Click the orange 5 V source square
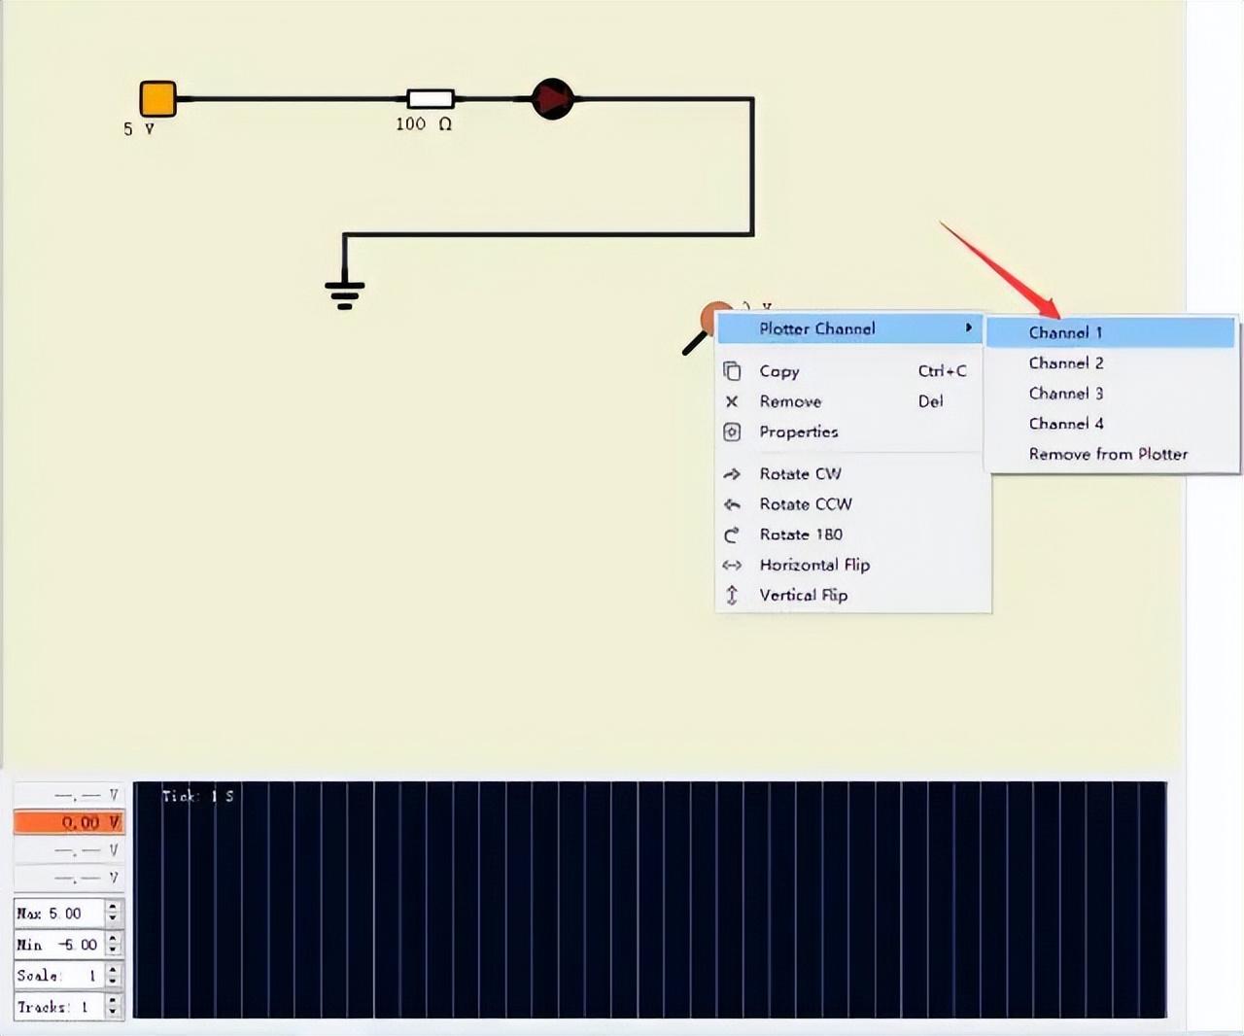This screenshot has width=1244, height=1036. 157,99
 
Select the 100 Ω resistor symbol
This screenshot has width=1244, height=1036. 430,98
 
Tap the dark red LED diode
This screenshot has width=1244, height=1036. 553,99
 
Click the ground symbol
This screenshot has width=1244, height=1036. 345,291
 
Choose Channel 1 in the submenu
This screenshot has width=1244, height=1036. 1065,332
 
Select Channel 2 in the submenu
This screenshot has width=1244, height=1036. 1066,363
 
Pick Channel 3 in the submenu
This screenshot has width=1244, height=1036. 1066,394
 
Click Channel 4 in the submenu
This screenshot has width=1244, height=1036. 1066,424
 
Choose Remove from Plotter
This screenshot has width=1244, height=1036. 1108,454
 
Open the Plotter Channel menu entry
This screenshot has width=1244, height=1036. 817,328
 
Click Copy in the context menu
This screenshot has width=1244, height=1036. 779,371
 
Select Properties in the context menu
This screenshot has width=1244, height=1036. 798,432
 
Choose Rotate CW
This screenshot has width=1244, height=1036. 800,474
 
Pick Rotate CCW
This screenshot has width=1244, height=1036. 805,504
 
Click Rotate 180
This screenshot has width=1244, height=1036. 801,535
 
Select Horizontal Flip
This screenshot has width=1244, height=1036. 814,565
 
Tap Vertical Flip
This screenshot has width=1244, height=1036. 803,595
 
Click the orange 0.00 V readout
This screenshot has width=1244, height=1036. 68,823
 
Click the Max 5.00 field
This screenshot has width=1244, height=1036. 58,914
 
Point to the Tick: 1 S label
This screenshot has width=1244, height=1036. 197,796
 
